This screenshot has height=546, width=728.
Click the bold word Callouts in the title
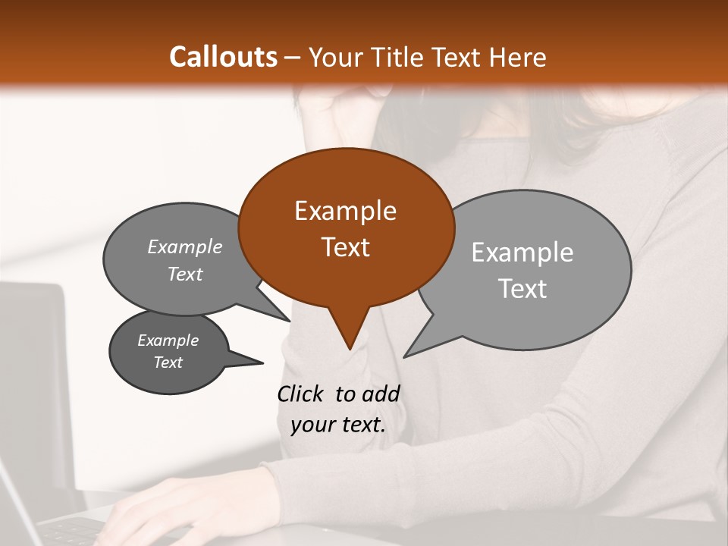[224, 57]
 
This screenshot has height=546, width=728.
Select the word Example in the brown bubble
[345, 211]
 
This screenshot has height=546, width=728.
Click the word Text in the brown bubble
[345, 247]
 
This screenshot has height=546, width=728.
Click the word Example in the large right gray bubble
[522, 253]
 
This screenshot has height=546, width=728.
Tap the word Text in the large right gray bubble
[522, 289]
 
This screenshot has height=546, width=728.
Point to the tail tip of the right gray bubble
[405, 356]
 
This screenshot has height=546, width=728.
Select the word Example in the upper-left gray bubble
[185, 246]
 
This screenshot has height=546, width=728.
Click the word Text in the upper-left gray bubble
[185, 274]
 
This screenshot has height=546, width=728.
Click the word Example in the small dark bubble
[168, 340]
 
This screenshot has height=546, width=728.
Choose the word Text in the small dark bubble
[168, 362]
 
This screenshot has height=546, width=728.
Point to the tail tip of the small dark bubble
[262, 362]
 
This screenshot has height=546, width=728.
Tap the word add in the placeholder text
[381, 394]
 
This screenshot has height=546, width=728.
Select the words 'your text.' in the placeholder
[338, 425]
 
